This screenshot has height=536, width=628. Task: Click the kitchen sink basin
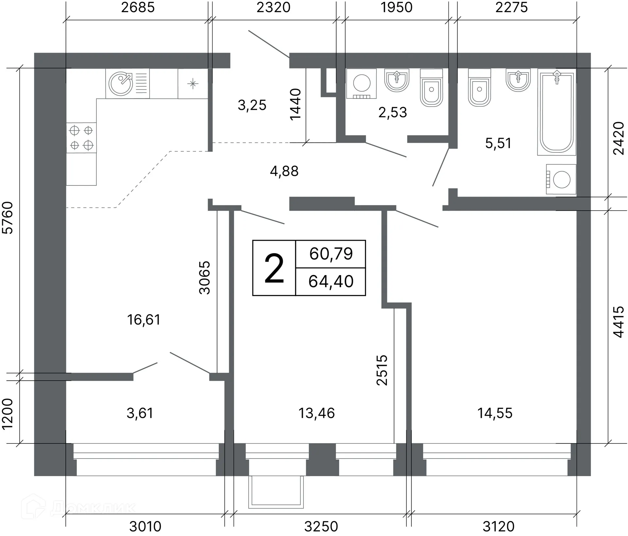121,84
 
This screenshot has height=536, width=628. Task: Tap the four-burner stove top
81,138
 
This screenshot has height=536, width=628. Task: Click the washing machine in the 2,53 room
361,83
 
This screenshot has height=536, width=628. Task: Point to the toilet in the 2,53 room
431,87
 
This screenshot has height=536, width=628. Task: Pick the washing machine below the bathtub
561,179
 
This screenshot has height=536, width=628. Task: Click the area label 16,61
144,320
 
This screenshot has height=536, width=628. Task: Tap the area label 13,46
317,413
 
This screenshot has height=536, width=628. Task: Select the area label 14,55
495,413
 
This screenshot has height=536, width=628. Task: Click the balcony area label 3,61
140,413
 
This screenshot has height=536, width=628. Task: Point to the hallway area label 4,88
284,171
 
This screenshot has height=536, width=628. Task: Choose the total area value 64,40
331,282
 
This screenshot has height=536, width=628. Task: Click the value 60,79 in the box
331,254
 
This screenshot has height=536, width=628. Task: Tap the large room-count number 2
274,269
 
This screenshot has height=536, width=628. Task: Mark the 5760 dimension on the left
8,218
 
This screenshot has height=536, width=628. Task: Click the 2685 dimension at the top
138,8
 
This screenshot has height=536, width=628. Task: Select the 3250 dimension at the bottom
321,527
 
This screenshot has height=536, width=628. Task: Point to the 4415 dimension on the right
619,322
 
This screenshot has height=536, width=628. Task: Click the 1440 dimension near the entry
295,104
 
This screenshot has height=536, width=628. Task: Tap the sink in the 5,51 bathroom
518,80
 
